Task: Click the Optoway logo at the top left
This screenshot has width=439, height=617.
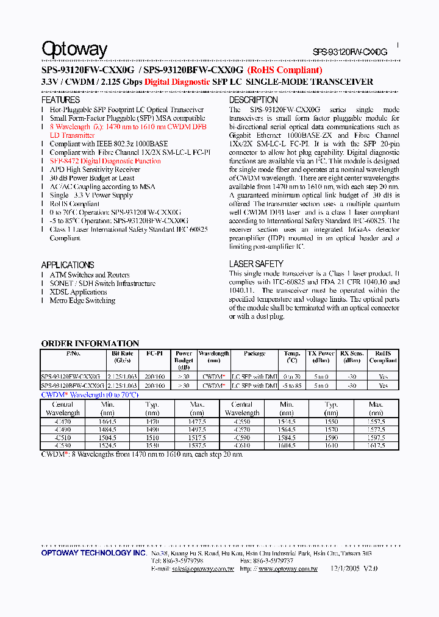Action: coord(74,49)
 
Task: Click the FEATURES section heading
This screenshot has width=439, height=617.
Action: coord(60,99)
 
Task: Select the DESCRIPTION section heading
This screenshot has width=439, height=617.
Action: coord(253,99)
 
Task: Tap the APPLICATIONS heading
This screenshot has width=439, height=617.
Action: coord(67,265)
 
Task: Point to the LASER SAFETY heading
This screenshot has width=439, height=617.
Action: coord(256,263)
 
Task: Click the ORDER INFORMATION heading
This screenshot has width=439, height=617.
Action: coord(90,343)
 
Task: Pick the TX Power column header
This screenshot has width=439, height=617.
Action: coord(321,353)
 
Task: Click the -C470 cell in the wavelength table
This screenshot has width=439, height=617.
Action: coord(63,421)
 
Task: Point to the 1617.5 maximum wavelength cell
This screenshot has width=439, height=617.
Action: coord(376,446)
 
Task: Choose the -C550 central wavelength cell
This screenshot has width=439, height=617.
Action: coord(242,421)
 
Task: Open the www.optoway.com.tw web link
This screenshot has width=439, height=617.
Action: coord(288,568)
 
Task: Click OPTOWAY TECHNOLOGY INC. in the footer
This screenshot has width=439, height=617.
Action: coord(94,552)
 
